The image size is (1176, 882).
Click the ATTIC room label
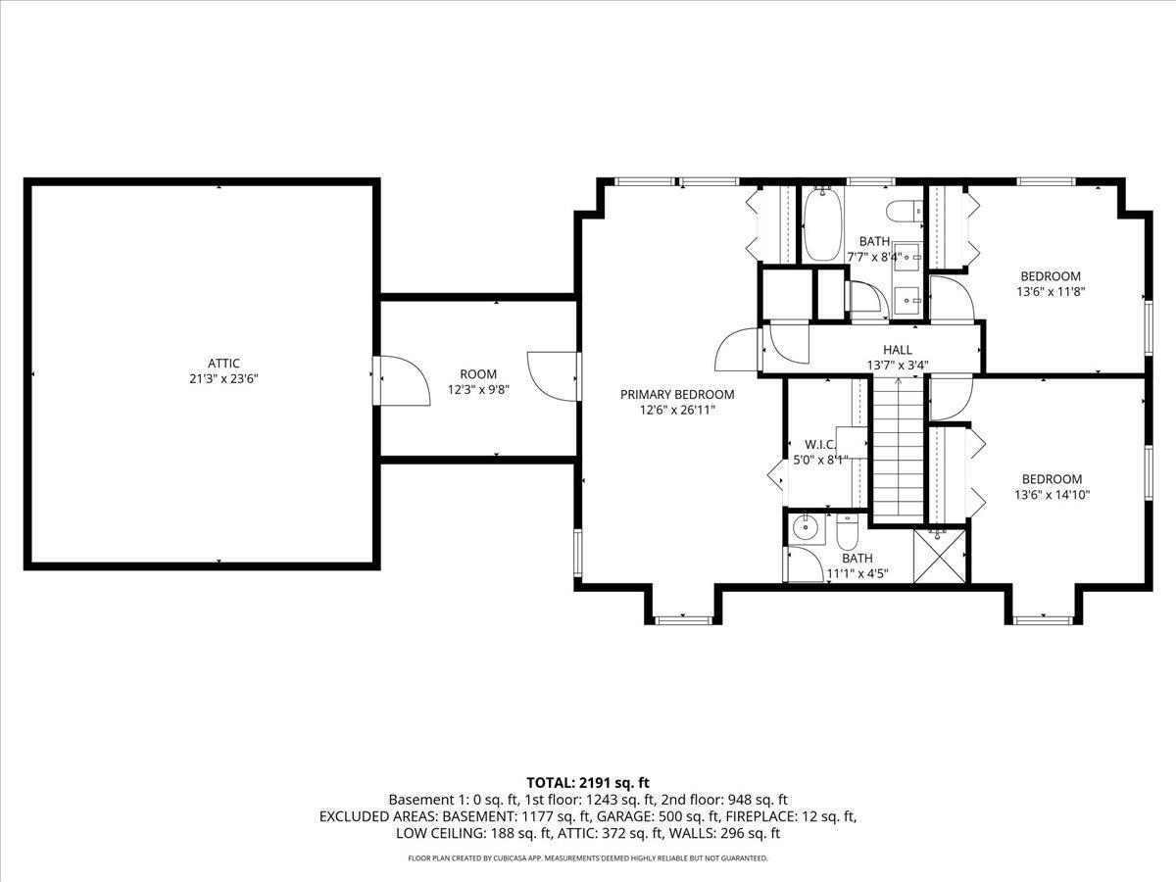click(x=223, y=363)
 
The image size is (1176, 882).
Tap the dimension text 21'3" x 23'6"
click(x=223, y=377)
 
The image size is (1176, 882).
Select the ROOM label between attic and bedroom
click(x=478, y=373)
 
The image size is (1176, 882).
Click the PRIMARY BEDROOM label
click(x=676, y=394)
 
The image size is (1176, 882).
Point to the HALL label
click(x=897, y=349)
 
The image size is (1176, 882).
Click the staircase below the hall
click(x=898, y=446)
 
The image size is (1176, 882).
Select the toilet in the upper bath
click(x=901, y=209)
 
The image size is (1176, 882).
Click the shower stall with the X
click(x=940, y=556)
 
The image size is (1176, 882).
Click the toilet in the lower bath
click(x=848, y=534)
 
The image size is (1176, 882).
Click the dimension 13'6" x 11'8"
click(x=1051, y=291)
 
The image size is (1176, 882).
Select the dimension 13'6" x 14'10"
click(x=1052, y=494)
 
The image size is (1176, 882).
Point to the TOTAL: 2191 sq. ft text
click(x=588, y=782)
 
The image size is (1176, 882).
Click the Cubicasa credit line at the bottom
click(x=588, y=857)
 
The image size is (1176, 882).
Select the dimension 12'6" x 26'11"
click(x=676, y=410)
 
